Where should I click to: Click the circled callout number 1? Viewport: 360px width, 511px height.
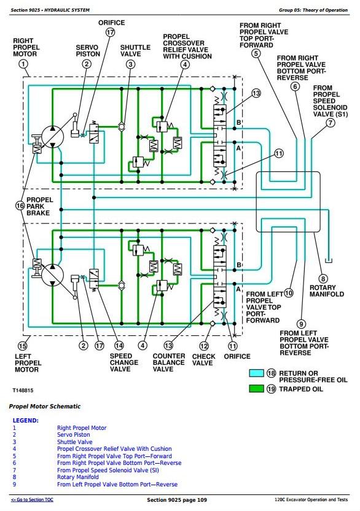point(23,64)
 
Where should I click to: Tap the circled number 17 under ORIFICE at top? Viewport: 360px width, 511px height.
point(111,33)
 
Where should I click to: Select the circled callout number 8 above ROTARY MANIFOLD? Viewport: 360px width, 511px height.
point(323,279)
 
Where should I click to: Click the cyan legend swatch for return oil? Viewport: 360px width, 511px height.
point(256,373)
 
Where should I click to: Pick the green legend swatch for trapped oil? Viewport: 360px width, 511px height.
point(256,388)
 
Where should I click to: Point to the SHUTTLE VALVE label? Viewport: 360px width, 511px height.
point(135,50)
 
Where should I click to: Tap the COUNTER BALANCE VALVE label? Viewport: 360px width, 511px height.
point(168,362)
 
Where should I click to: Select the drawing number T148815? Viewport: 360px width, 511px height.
point(23,390)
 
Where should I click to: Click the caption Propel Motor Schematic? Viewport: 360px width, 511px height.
point(45,407)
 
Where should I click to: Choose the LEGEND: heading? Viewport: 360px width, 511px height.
point(25,420)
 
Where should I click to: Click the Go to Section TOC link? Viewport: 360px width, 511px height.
point(32,499)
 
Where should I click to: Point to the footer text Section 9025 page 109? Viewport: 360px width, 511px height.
point(177,500)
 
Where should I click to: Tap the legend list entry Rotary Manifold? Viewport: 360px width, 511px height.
point(77,477)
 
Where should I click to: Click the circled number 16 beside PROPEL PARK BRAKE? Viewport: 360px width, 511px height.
point(20,206)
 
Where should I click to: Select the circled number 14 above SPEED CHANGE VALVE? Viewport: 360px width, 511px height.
point(119,345)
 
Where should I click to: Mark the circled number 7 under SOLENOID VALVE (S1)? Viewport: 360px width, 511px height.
point(331,123)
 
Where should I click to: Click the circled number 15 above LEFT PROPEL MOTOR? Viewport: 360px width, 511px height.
point(22,346)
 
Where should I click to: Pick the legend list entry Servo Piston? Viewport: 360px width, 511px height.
point(73,435)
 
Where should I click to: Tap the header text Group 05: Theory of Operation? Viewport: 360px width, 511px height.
point(313,10)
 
